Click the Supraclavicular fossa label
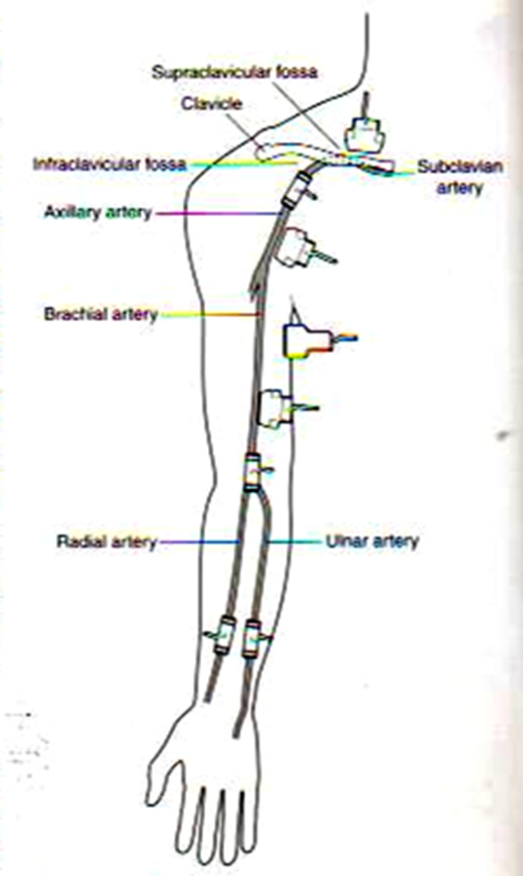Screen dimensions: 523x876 tap(234, 73)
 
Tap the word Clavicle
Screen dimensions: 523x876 tap(212, 104)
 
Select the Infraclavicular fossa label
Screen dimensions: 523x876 tap(110, 164)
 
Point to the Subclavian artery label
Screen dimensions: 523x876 tap(459, 177)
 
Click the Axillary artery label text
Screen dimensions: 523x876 tap(98, 213)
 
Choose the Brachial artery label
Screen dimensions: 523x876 tap(101, 314)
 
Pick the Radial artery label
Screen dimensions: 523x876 tap(107, 542)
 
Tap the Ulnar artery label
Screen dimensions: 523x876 tap(372, 541)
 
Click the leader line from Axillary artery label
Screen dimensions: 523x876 tap(219, 214)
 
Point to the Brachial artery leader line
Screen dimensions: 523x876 tap(210, 315)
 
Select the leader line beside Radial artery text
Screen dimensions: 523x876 tap(199, 542)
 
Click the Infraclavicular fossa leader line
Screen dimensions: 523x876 tap(244, 163)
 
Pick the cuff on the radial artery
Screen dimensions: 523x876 tap(224, 635)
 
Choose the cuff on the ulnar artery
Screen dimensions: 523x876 tap(253, 638)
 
